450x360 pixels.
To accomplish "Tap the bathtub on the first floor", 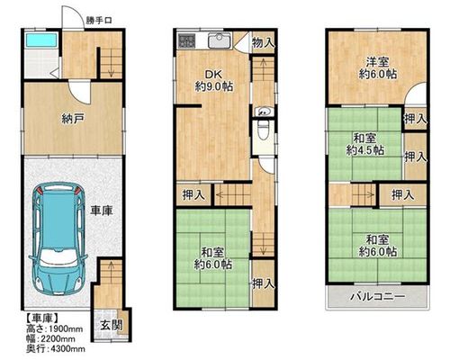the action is (41, 40).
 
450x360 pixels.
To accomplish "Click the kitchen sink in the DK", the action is (220, 40).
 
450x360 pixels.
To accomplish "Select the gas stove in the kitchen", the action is (186, 40).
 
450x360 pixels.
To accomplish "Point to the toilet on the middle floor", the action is (263, 130).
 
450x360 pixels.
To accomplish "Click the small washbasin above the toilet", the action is (263, 112).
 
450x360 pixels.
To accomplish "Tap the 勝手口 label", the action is (99, 21).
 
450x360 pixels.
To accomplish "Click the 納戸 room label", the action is (72, 119).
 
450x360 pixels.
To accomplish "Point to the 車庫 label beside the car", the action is (102, 211).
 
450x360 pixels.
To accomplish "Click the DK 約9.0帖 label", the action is (214, 80).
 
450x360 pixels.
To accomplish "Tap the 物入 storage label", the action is (263, 42).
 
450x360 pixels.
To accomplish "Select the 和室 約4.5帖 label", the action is (364, 144).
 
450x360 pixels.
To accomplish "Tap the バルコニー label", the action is (378, 297).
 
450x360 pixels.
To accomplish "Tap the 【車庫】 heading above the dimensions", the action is (42, 318).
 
